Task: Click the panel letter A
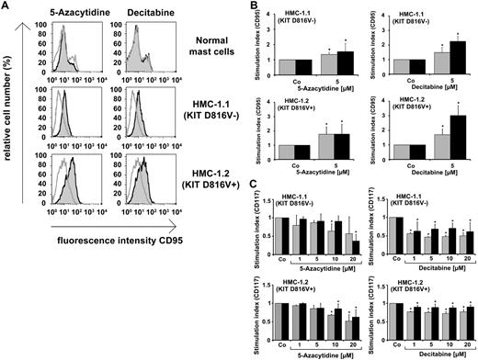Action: [x=8, y=8]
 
